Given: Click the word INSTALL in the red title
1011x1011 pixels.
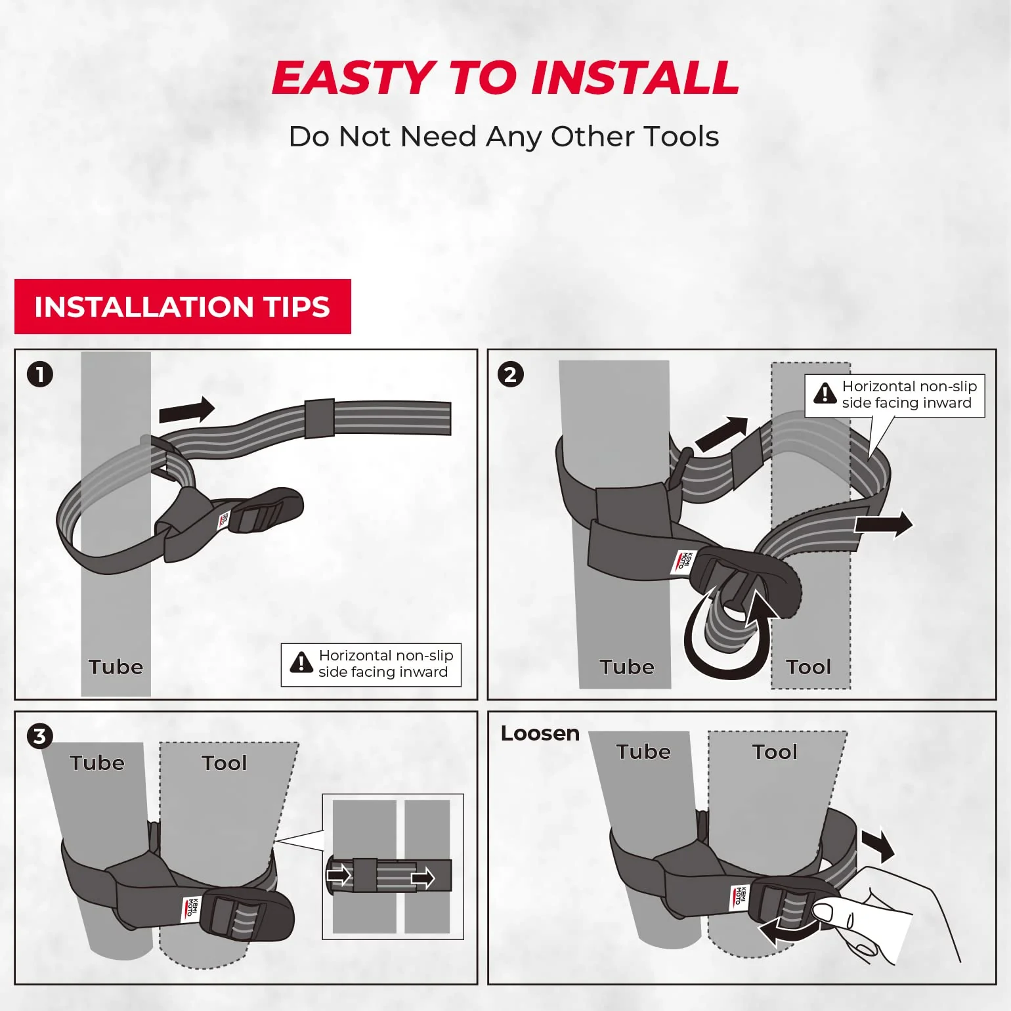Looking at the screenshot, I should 635,78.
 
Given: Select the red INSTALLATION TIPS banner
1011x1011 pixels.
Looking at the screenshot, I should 183,307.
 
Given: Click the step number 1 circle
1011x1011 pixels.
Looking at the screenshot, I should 40,375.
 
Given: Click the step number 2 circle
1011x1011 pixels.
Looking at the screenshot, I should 511,375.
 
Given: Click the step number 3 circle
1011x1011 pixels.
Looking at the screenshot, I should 39,736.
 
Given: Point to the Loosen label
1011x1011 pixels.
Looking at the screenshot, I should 540,733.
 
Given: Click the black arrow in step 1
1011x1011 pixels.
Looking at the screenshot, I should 187,411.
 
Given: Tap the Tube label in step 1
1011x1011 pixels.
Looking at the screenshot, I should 116,667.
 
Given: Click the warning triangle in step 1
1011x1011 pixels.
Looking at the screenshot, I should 301,663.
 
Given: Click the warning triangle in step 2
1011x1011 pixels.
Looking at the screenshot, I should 825,393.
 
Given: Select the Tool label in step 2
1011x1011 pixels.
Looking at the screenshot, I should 809,667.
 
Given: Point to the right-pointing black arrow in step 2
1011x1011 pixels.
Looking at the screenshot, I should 883,524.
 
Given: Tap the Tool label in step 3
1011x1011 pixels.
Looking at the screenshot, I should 224,763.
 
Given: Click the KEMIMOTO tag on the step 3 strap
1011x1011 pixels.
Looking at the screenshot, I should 189,908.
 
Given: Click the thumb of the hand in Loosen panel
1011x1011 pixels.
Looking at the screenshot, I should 828,913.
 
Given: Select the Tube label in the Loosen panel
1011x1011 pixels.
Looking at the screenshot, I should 643,752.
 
